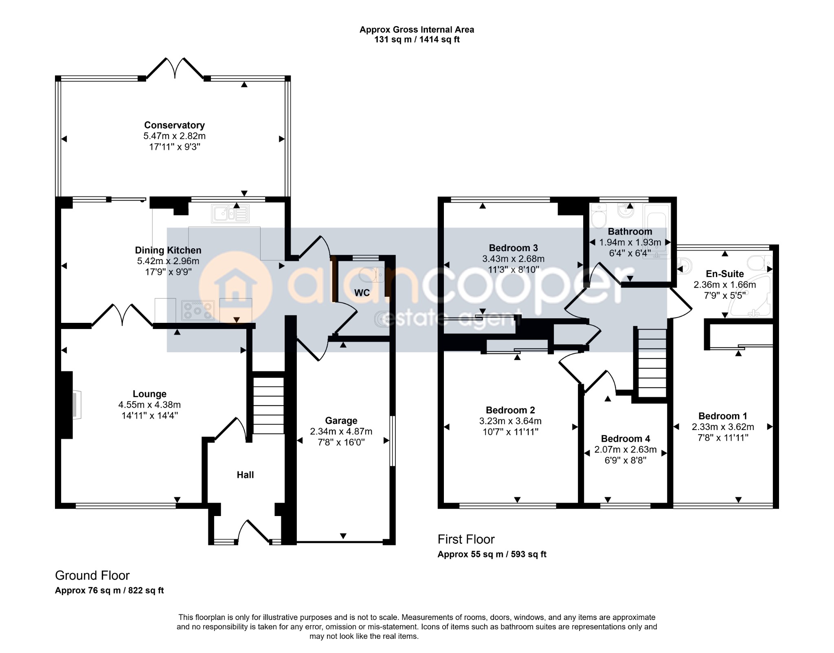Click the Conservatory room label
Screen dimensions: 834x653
[174, 125]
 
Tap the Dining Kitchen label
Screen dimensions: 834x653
[168, 250]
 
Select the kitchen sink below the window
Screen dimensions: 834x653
[230, 214]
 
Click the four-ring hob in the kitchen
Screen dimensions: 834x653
[198, 310]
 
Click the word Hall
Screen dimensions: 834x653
[245, 475]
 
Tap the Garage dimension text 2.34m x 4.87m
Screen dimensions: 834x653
[341, 431]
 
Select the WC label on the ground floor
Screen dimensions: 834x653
[362, 293]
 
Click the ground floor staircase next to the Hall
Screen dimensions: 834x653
[268, 406]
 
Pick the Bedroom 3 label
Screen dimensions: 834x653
[513, 248]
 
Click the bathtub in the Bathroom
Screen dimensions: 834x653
[656, 231]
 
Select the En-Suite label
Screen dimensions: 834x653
[725, 274]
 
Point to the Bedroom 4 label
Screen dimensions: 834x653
[625, 439]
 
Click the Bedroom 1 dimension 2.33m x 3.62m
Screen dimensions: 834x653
[723, 427]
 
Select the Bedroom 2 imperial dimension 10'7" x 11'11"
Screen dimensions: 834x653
[511, 432]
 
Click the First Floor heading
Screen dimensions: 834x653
[466, 539]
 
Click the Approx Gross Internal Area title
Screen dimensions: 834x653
[417, 29]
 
